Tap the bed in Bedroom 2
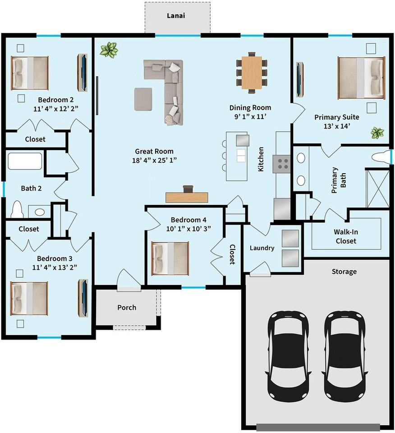tap(30, 73)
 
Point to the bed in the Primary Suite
tap(361, 77)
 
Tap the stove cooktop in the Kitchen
tap(283, 163)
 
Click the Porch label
tap(127, 308)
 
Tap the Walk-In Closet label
tap(346, 236)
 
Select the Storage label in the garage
tap(344, 272)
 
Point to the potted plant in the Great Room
tap(109, 49)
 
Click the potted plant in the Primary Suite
tap(377, 133)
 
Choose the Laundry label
tap(262, 248)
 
